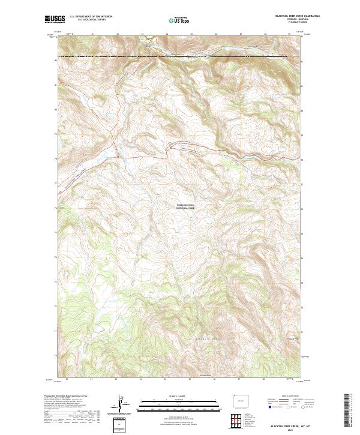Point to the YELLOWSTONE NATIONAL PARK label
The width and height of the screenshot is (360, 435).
(185, 206)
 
